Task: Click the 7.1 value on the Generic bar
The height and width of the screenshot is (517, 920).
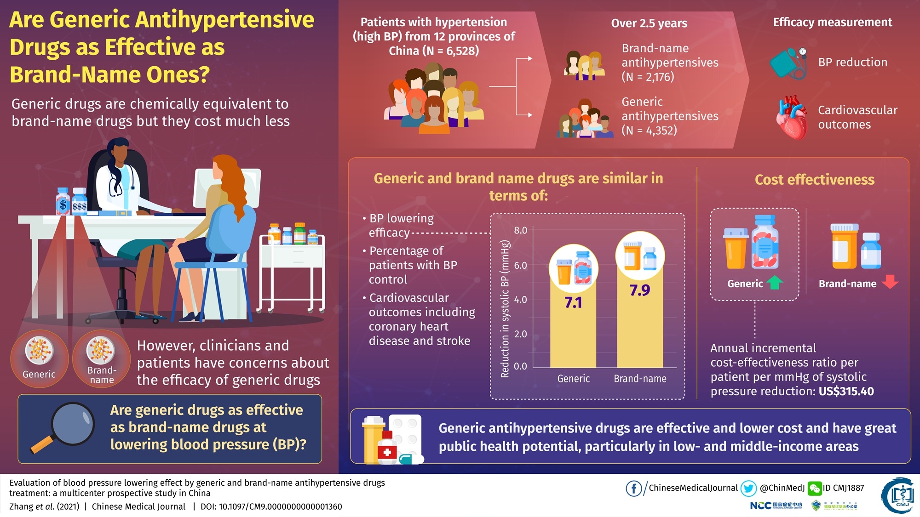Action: point(573,302)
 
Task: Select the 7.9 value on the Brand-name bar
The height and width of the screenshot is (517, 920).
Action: point(640,290)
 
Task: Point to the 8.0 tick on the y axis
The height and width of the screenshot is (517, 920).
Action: point(521,230)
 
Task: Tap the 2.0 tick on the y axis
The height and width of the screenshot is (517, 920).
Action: point(521,334)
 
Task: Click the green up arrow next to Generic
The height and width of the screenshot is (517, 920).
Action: point(775,282)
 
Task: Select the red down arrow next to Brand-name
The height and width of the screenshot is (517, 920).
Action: point(890,281)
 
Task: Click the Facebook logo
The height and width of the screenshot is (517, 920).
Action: point(634,489)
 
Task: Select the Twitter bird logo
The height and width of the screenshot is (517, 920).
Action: point(748,489)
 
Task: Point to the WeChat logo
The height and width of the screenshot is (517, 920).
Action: point(815,489)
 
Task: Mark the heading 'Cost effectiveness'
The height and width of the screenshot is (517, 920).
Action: point(814,179)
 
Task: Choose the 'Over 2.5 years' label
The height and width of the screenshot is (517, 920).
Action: point(649,23)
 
